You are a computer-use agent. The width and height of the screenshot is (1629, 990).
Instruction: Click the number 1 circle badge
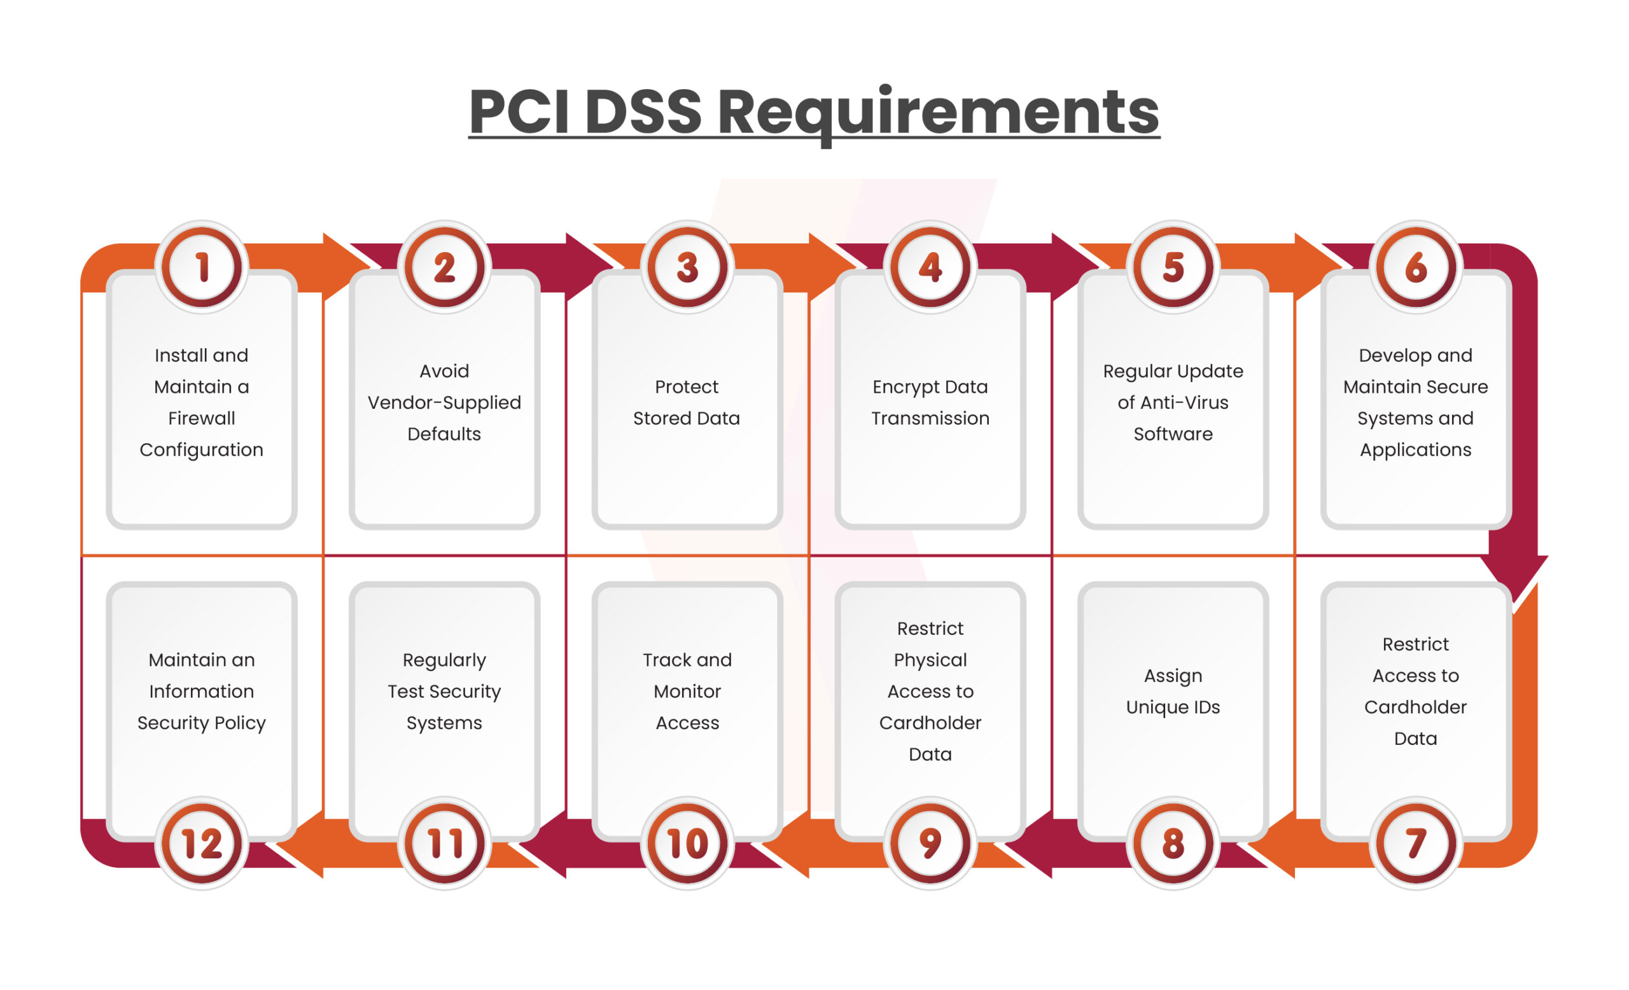(202, 267)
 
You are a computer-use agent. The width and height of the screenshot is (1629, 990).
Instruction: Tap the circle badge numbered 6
(1415, 267)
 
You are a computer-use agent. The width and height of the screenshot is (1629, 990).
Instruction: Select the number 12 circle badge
(202, 843)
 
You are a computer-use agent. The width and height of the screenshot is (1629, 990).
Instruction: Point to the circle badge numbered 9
(930, 843)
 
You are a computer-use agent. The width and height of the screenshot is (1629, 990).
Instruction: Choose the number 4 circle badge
(930, 267)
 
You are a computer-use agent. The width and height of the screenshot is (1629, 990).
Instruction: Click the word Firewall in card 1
(202, 418)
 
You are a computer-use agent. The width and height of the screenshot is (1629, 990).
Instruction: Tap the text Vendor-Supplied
(444, 402)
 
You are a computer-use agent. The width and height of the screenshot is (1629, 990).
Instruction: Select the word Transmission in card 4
(930, 418)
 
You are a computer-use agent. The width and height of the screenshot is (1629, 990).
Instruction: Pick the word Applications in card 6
(1415, 449)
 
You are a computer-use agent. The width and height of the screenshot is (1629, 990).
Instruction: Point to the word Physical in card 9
(930, 660)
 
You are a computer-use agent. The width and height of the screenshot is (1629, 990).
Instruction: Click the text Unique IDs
(1173, 707)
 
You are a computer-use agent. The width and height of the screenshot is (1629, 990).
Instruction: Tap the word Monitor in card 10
(687, 691)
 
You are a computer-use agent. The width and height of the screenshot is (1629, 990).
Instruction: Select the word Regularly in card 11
(444, 660)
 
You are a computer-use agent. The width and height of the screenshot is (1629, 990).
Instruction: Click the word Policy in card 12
(240, 723)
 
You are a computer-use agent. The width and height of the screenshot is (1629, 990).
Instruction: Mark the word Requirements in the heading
(938, 113)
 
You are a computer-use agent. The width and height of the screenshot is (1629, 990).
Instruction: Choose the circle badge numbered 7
(1415, 843)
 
